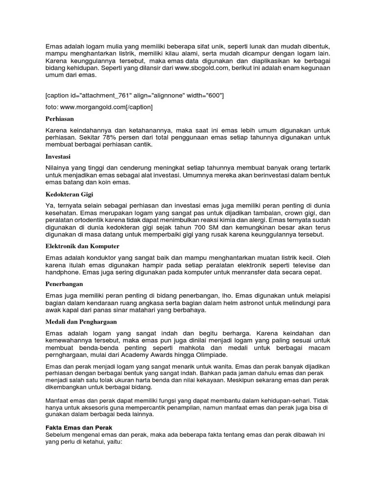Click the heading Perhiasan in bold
pyautogui.click(x=60, y=119)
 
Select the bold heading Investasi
pyautogui.click(x=58, y=156)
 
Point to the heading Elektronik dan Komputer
pyautogui.click(x=82, y=246)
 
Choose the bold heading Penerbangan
pyautogui.click(x=65, y=284)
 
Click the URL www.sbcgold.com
pyautogui.click(x=203, y=68)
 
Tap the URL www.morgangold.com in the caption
pyautogui.click(x=94, y=106)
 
